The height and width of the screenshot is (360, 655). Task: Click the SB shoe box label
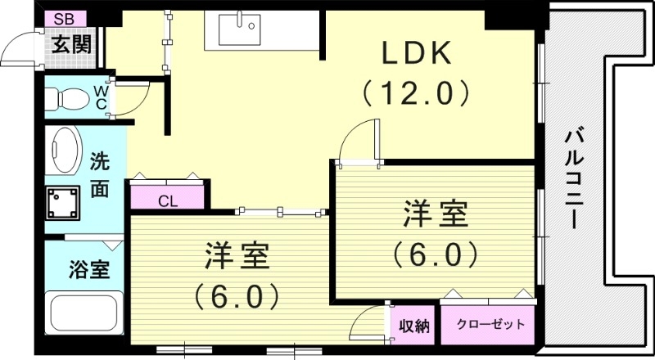(x=65, y=18)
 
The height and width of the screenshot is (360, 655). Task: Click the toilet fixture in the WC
(x=66, y=99)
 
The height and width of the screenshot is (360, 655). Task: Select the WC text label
(x=100, y=97)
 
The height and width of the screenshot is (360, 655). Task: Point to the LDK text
(x=417, y=54)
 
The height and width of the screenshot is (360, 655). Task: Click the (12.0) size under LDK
(x=417, y=92)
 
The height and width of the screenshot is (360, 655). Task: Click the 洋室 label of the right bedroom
(x=435, y=215)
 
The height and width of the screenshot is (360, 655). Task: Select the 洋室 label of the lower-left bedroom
(x=237, y=257)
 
